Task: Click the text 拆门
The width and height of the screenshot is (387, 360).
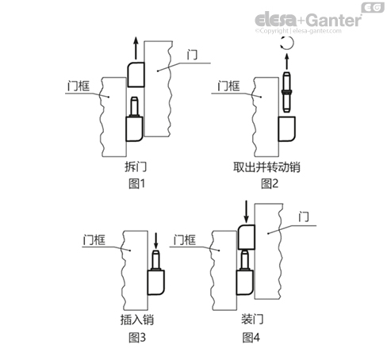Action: (136, 168)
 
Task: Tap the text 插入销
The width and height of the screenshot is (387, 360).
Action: (136, 321)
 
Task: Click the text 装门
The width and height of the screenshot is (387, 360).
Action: (251, 321)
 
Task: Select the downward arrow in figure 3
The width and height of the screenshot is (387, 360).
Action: (156, 240)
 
